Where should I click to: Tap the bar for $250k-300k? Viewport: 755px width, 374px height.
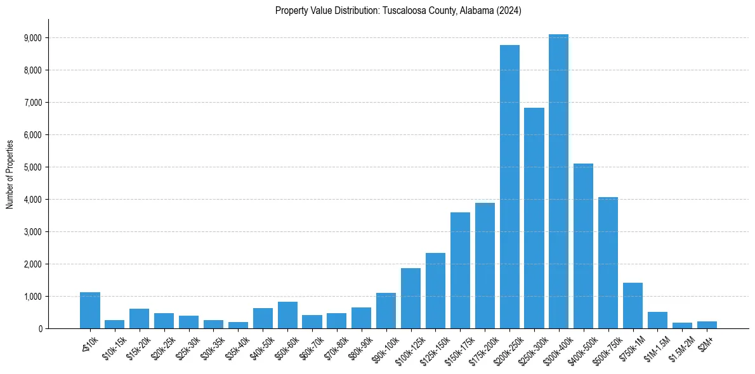click(x=534, y=218)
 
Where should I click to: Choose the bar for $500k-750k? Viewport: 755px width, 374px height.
click(x=608, y=262)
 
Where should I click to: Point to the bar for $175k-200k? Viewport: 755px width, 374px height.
click(x=485, y=266)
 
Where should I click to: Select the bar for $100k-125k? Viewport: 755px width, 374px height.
click(x=410, y=298)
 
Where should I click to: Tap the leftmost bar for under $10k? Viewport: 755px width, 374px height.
click(x=90, y=310)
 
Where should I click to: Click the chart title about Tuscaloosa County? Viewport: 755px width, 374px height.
click(x=398, y=11)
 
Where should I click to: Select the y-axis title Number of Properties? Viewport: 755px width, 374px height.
click(x=10, y=174)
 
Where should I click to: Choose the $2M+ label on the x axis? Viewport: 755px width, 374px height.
click(x=705, y=342)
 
